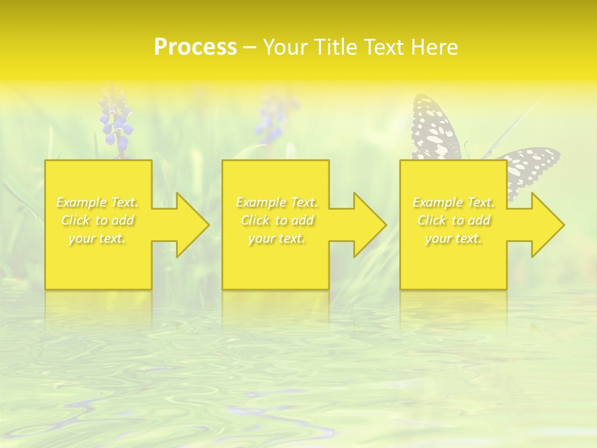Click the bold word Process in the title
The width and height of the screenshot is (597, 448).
195,47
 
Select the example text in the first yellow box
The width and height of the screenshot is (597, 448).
98,220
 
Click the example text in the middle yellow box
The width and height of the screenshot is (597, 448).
277,220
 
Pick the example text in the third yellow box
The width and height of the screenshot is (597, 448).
453,220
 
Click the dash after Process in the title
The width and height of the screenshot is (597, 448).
250,47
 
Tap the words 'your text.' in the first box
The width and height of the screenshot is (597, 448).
98,238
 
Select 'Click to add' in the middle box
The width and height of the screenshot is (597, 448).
277,220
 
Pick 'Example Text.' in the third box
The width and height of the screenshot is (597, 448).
453,202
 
